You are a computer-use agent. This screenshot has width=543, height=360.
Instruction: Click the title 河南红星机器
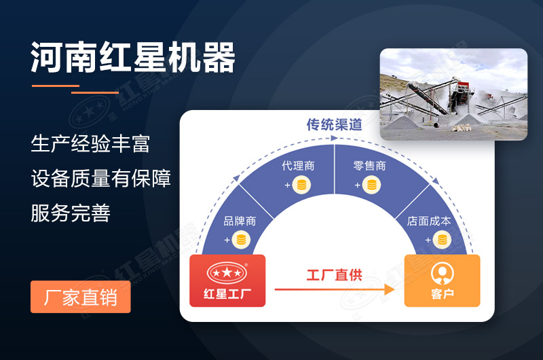133,58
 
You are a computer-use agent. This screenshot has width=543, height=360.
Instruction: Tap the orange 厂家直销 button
80,297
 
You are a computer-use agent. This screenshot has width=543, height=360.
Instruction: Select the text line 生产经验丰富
90,144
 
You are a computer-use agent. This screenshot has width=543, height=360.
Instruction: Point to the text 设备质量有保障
100,179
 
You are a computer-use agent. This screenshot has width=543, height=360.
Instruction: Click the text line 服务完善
71,213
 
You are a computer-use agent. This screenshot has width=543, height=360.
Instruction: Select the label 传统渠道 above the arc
334,125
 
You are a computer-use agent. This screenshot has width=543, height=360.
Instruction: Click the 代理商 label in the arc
298,166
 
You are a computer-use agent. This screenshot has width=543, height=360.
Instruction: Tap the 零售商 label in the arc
370,166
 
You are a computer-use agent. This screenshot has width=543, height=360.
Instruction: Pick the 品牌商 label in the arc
240,221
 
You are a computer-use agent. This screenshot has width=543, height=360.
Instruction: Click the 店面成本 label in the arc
429,221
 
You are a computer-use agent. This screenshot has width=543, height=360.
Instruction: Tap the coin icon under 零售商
371,185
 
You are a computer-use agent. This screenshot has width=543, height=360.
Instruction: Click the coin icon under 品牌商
241,240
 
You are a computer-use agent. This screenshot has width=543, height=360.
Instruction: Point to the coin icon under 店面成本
441,240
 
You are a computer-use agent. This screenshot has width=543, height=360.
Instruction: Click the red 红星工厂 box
227,281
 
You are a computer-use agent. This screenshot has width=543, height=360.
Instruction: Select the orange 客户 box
442,281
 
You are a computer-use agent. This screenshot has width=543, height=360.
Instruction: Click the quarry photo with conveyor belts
453,94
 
